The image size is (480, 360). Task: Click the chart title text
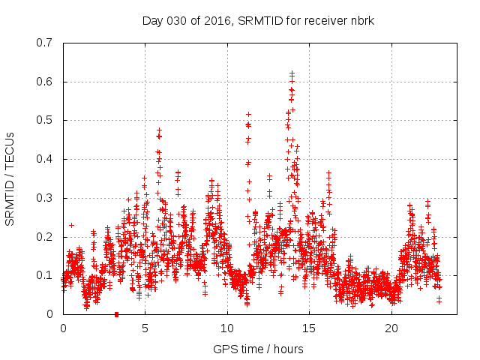tap(258, 20)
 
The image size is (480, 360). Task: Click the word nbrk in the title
tap(361, 20)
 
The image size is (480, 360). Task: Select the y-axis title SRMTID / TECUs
tap(10, 178)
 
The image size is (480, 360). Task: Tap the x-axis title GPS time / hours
tap(258, 349)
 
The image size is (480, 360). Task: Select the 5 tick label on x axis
tap(145, 328)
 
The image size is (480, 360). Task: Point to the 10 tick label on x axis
tap(227, 328)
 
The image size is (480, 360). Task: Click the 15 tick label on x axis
tap(310, 328)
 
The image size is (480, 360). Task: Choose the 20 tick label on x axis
tap(391, 328)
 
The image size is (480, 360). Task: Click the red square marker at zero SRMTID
tap(116, 314)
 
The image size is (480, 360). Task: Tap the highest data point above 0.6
tap(292, 73)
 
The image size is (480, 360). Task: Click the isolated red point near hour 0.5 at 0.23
tap(71, 225)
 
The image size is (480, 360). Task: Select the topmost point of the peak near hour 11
tap(248, 114)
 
